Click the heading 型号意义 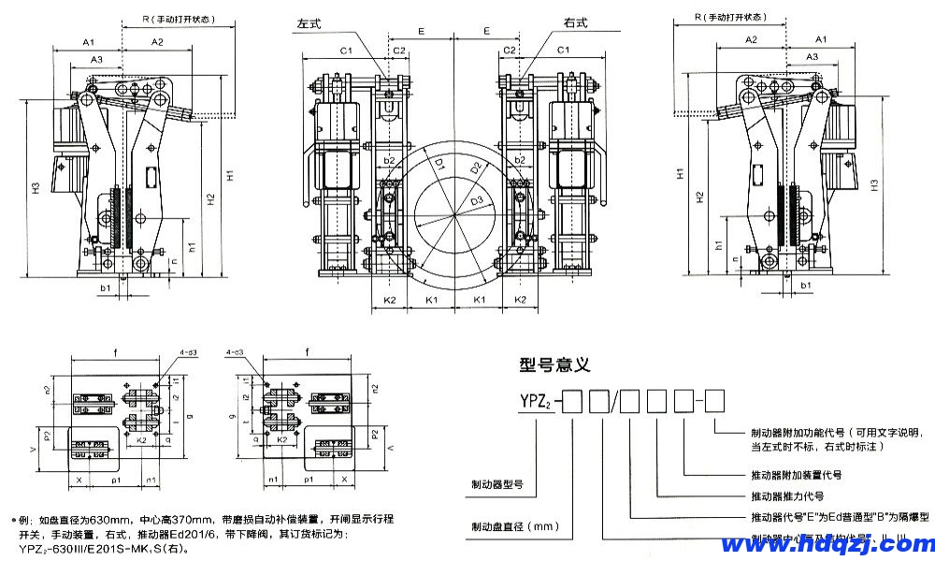tap(554, 366)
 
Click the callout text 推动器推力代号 tap(787, 496)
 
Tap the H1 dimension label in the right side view tap(682, 174)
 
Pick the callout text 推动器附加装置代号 tap(797, 474)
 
